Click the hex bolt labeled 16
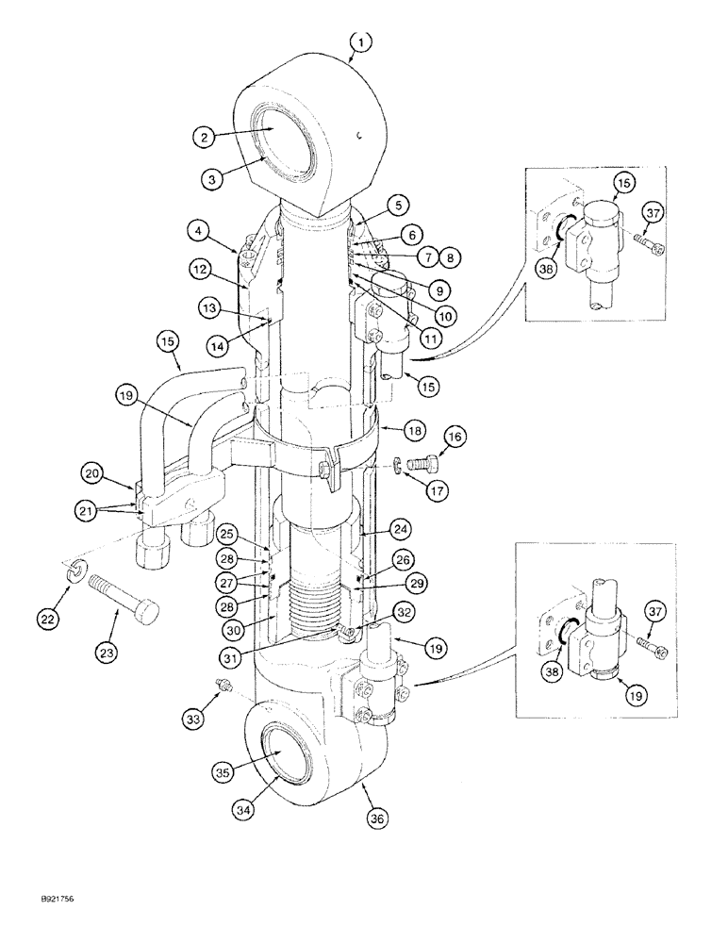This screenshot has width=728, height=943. (x=424, y=465)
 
